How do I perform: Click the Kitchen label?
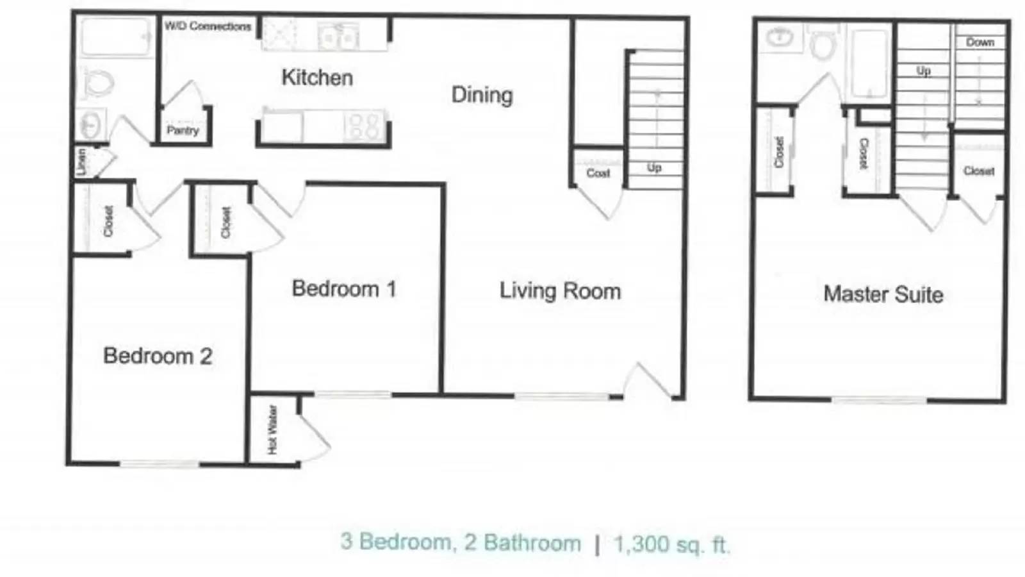pyautogui.click(x=317, y=78)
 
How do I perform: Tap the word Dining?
pyautogui.click(x=482, y=96)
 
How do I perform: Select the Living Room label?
pyautogui.click(x=560, y=291)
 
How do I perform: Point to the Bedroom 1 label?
pyautogui.click(x=344, y=289)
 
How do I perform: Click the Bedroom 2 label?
pyautogui.click(x=158, y=356)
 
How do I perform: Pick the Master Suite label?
pyautogui.click(x=883, y=295)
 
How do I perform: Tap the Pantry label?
pyautogui.click(x=183, y=131)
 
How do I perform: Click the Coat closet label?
pyautogui.click(x=598, y=173)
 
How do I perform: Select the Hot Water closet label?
pyautogui.click(x=273, y=430)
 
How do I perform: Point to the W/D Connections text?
pyautogui.click(x=208, y=26)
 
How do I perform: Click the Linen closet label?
pyautogui.click(x=81, y=162)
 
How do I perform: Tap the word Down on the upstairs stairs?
pyautogui.click(x=980, y=42)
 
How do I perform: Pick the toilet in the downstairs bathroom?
pyautogui.click(x=99, y=83)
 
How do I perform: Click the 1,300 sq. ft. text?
pyautogui.click(x=671, y=544)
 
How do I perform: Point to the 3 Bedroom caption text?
pyautogui.click(x=396, y=542)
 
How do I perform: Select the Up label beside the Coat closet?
pyautogui.click(x=653, y=168)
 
